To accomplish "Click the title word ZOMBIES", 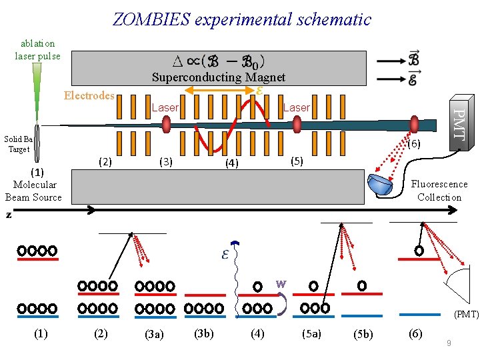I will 151,19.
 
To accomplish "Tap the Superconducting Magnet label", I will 218,77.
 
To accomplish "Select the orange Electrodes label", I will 89,95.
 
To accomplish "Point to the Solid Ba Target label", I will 18,144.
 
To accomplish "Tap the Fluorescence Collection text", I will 439,191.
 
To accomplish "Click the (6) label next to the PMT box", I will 414,144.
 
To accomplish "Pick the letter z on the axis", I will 9,215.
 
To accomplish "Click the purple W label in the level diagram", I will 281,283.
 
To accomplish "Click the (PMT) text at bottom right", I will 466,313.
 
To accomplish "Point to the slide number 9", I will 449,343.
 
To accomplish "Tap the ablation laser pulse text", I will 37,49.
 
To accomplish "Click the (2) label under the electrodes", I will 105,161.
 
